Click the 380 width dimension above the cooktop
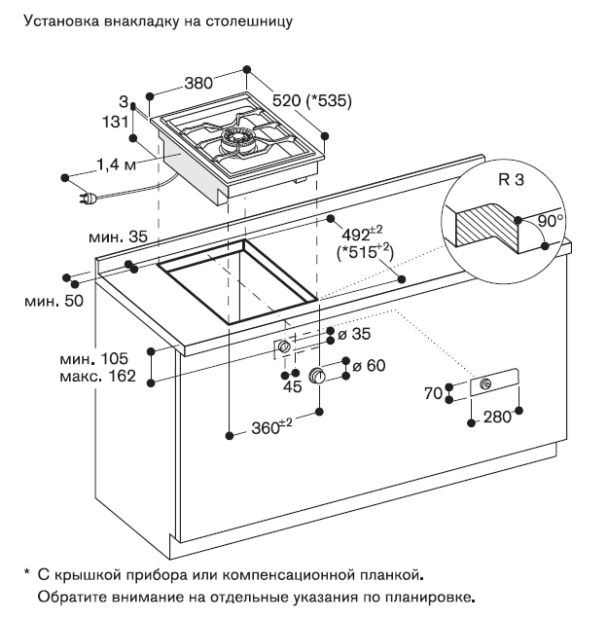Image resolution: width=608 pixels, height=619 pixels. tap(197, 85)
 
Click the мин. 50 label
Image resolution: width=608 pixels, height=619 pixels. tap(49, 302)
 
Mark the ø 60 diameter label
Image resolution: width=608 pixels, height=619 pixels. tap(367, 366)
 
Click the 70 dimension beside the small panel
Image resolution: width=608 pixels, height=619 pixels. tap(434, 393)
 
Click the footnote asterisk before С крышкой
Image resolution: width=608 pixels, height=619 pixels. tap(27, 571)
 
